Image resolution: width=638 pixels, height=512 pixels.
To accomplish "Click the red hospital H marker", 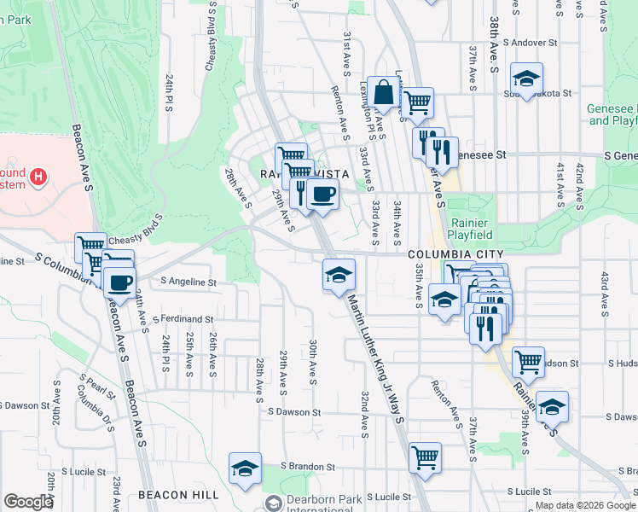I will [38, 177].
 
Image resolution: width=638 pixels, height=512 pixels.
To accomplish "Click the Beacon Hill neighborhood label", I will [178, 494].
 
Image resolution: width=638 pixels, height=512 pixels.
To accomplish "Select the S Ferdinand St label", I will [183, 319].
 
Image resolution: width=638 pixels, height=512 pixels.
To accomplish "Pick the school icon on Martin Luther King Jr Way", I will [339, 275].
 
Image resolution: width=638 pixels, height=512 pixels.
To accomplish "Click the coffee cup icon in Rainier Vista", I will [322, 195].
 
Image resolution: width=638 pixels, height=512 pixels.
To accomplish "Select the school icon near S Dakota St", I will [527, 79].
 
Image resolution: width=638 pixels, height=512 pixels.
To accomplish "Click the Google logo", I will [28, 502].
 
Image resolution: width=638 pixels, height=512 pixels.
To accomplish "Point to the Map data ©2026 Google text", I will [585, 505].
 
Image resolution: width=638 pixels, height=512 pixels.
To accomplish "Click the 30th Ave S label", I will [314, 361].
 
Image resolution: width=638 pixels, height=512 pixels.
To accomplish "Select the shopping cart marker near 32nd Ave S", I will [424, 457].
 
